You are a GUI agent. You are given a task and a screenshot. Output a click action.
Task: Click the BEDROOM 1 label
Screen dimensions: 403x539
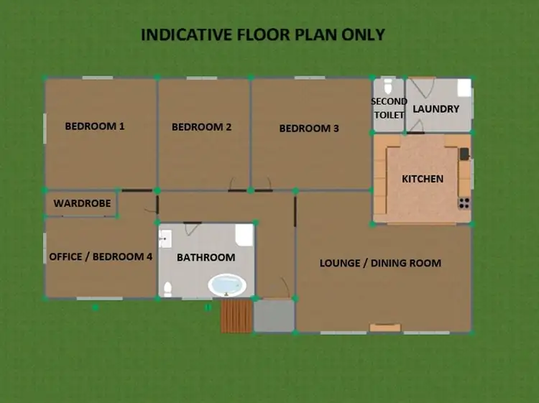pos(95,126)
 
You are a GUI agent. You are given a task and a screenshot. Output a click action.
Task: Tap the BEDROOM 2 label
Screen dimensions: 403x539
pos(201,127)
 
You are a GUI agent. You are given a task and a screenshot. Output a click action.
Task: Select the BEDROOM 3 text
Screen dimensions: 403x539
pos(309,129)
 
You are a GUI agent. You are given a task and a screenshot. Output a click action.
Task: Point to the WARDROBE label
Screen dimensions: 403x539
pos(82,203)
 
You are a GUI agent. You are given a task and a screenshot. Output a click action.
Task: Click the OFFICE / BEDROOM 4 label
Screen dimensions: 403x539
pos(101,256)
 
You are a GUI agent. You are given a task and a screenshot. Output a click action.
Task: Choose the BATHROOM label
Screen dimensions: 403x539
pos(206,257)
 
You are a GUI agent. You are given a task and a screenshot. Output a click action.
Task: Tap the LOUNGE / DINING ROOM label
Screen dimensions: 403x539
pos(380,263)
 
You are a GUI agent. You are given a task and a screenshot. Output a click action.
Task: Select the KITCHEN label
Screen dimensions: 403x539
pos(423,178)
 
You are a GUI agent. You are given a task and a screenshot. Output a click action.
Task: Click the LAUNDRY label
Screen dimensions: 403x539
pos(436,109)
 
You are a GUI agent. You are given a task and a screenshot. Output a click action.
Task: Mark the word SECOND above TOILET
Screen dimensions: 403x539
pos(389,101)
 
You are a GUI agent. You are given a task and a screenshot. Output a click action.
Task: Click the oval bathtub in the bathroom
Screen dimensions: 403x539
pos(227,285)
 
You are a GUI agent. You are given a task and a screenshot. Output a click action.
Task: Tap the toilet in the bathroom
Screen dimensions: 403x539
pos(167,289)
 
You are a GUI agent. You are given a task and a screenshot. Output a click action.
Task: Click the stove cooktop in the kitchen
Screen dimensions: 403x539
pos(464,203)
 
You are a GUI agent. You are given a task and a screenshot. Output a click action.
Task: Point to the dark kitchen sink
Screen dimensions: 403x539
pos(464,153)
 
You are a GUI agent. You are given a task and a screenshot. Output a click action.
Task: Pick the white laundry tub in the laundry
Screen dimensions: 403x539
pos(464,88)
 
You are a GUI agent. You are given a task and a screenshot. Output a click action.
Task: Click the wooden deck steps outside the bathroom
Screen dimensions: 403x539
pos(236,316)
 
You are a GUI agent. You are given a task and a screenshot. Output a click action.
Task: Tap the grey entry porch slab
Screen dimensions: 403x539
pos(274,316)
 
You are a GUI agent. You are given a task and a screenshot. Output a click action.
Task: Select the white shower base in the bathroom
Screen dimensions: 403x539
pos(244,234)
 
